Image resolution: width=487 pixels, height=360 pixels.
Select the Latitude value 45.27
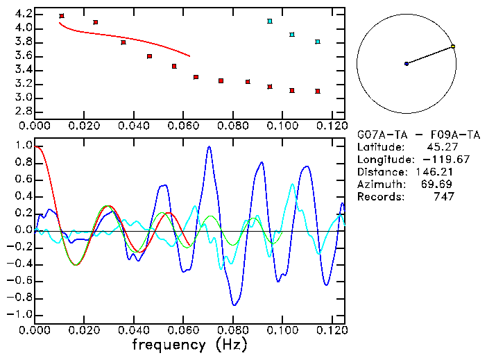436,146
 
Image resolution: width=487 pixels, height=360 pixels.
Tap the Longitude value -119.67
431,159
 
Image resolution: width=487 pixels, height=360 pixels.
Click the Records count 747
443,196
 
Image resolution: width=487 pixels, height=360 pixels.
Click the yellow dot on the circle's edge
453,46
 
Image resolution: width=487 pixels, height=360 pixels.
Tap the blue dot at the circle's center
407,64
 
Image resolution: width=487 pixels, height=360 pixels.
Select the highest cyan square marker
270,22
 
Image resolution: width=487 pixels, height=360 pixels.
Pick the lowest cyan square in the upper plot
318,42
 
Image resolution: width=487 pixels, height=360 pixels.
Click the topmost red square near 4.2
62,15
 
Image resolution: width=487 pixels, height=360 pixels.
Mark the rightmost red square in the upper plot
318,91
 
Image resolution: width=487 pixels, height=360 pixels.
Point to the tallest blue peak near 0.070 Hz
209,147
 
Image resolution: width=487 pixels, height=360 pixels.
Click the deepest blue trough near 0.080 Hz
234,305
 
